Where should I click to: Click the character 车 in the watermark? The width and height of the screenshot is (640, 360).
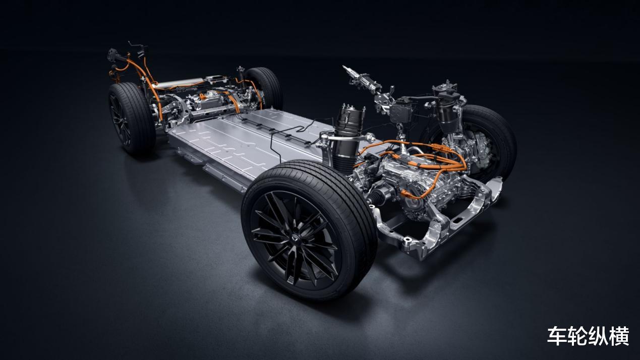(557, 336)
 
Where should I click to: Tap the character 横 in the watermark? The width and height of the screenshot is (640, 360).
(619, 336)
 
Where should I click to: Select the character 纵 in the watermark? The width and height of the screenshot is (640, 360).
(599, 336)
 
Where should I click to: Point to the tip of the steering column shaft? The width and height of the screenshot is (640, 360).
(344, 67)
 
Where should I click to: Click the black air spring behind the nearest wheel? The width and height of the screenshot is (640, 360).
(346, 137)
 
